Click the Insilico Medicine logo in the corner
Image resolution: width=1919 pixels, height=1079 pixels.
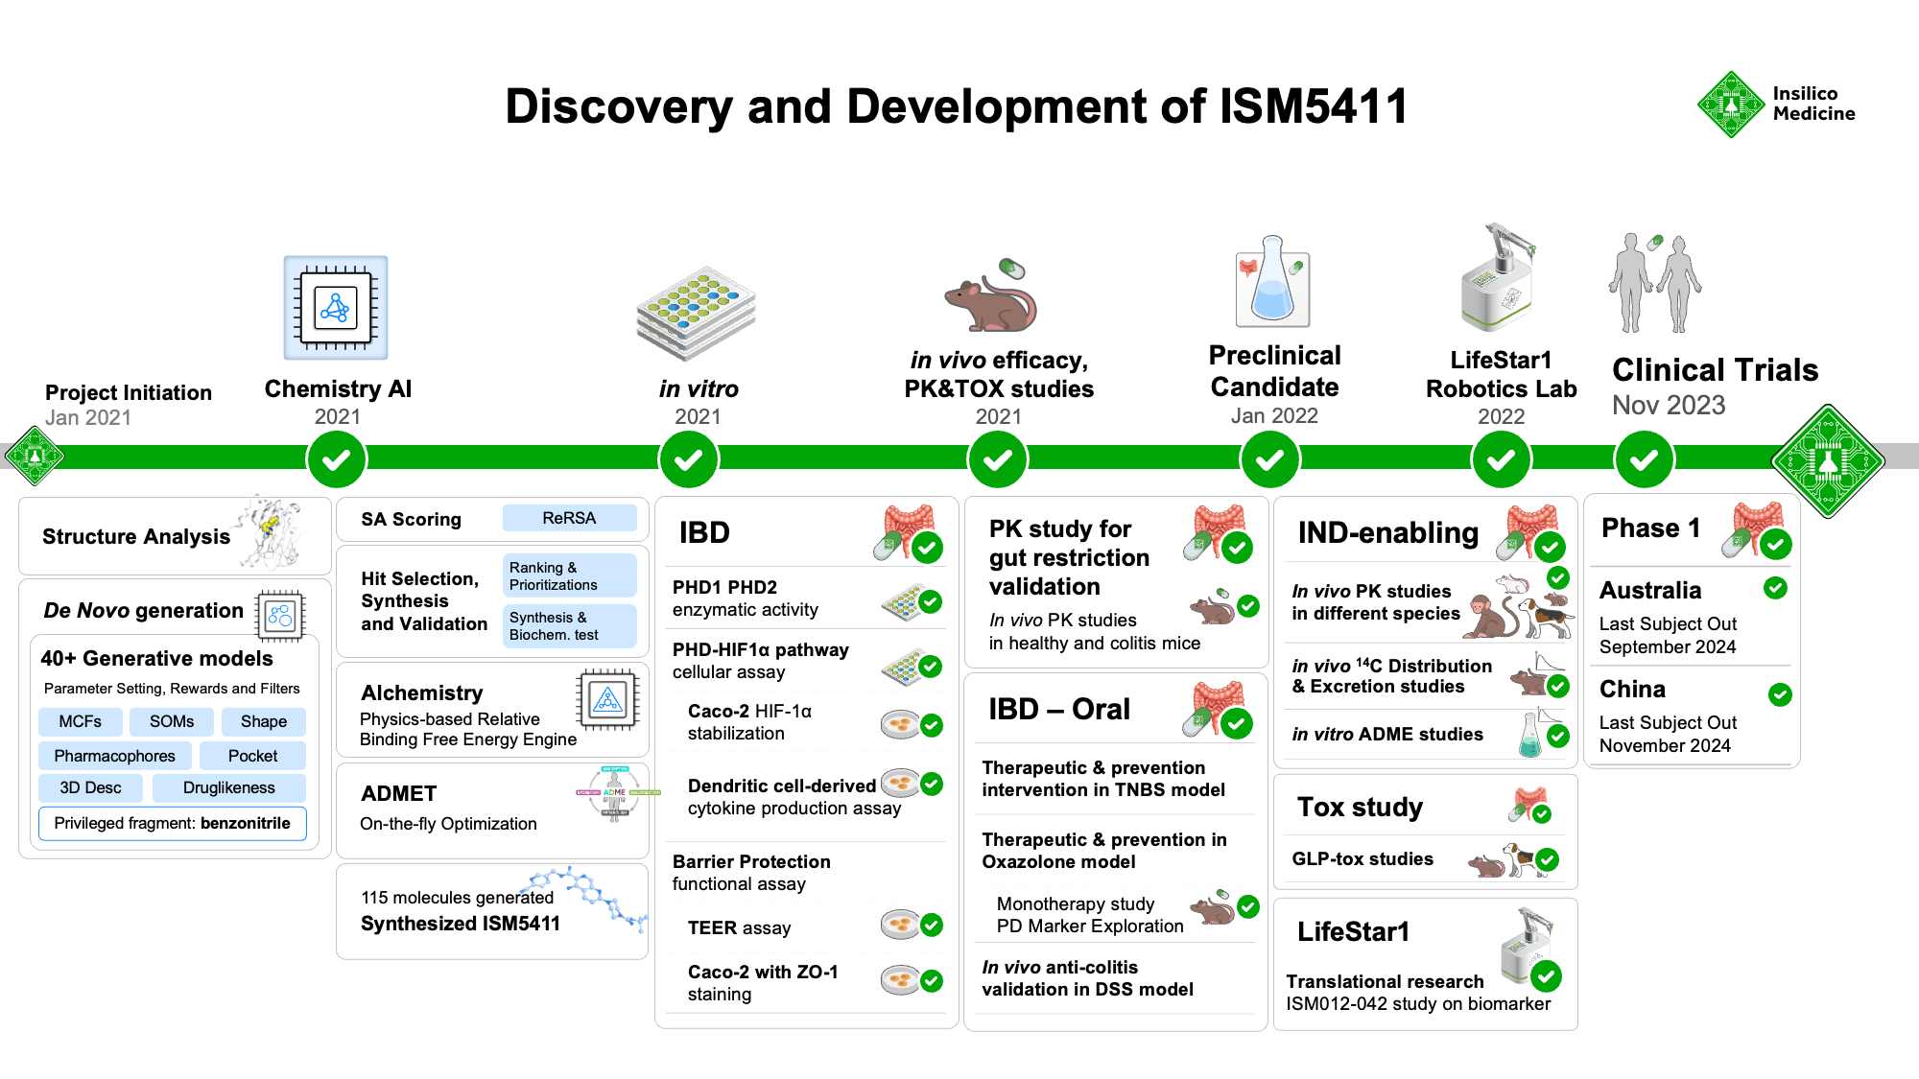pyautogui.click(x=1775, y=105)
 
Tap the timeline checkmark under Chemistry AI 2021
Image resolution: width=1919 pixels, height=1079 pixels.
pyautogui.click(x=336, y=460)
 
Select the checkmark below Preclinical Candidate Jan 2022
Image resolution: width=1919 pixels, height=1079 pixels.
pyautogui.click(x=1269, y=460)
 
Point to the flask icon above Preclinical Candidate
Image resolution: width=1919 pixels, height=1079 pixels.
pyautogui.click(x=1272, y=283)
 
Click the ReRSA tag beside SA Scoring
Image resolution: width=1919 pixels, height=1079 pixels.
pyautogui.click(x=569, y=518)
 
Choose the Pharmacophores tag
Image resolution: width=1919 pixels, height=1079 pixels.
pyautogui.click(x=114, y=756)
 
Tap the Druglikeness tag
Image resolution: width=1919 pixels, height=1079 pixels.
pyautogui.click(x=228, y=787)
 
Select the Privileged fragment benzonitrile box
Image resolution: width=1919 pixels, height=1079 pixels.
pyautogui.click(x=172, y=823)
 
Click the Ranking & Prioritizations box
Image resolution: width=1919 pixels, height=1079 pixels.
pyautogui.click(x=569, y=575)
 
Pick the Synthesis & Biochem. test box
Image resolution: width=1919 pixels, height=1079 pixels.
pyautogui.click(x=569, y=625)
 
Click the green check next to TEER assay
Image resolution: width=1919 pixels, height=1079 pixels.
pyautogui.click(x=931, y=926)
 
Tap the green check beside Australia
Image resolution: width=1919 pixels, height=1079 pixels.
pyautogui.click(x=1775, y=588)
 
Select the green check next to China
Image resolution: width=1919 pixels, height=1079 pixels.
pyautogui.click(x=1780, y=694)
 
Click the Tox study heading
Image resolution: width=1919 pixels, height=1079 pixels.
pyautogui.click(x=1360, y=807)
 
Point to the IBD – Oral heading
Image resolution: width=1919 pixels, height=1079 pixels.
pyautogui.click(x=1059, y=709)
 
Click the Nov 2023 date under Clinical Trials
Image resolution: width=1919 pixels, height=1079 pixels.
pyautogui.click(x=1669, y=406)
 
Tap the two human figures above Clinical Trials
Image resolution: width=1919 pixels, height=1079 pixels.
pyautogui.click(x=1655, y=283)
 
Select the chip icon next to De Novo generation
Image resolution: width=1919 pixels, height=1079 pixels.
pyautogui.click(x=280, y=615)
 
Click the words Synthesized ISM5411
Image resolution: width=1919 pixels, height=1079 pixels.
pyautogui.click(x=460, y=924)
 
